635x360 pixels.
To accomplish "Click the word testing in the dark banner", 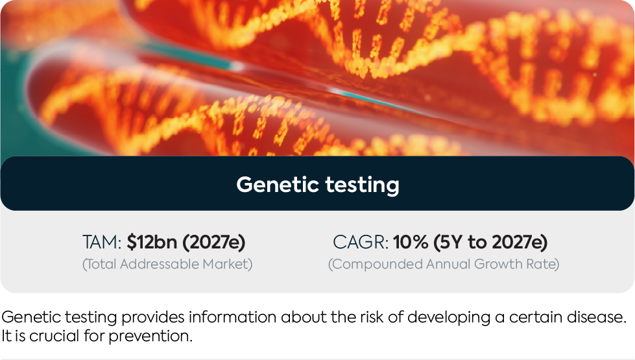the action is coord(363,186).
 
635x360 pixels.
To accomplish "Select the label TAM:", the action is coord(102,242).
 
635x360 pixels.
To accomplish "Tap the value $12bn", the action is coord(152,242).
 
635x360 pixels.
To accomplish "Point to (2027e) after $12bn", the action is coord(214,242).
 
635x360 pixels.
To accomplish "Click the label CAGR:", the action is coord(361,242).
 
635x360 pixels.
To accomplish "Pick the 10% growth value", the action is coord(410,242).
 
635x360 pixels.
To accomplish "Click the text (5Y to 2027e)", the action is coord(490,242).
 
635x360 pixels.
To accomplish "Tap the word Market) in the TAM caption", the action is coord(228,264).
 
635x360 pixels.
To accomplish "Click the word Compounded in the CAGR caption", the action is coord(376,265).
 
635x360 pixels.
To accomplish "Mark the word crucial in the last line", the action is coord(54,336).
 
